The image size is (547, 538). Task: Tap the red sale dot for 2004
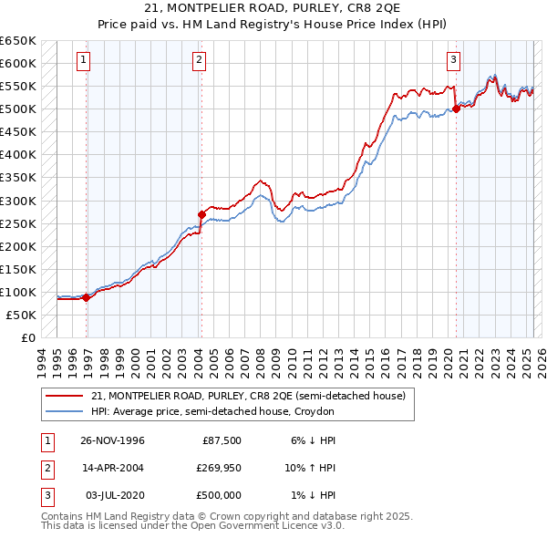201,214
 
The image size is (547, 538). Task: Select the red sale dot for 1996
87,297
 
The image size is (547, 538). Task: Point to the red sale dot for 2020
456,109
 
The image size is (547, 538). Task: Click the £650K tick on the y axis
18,41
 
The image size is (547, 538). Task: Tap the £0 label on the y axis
27,337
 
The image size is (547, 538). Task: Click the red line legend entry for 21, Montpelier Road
253,395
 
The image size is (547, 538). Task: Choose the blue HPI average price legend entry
213,411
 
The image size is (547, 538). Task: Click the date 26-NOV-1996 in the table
112,440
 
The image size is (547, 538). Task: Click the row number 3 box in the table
45,495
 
